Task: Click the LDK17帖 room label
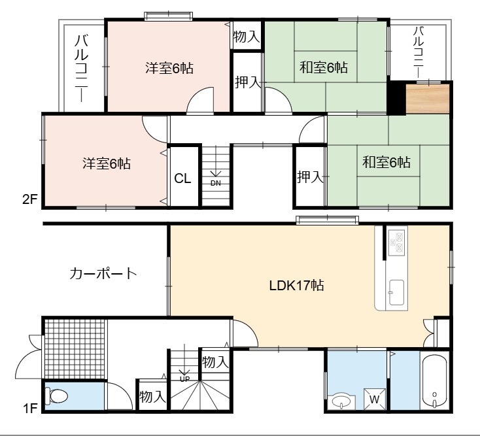[296, 286]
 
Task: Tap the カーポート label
[103, 273]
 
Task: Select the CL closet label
[182, 178]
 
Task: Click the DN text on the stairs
[216, 183]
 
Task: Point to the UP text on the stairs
[184, 379]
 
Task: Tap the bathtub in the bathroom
[434, 381]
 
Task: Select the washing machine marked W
[375, 399]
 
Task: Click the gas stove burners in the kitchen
[397, 242]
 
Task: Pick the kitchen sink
[396, 292]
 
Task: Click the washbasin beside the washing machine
[341, 402]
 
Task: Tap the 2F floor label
[29, 200]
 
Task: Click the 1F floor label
[30, 408]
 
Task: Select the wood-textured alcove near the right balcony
[428, 99]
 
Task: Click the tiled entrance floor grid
[75, 349]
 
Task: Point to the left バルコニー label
[82, 68]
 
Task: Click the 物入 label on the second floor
[247, 37]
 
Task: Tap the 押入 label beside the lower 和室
[310, 177]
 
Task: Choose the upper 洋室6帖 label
[169, 68]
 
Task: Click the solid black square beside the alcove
[397, 98]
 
